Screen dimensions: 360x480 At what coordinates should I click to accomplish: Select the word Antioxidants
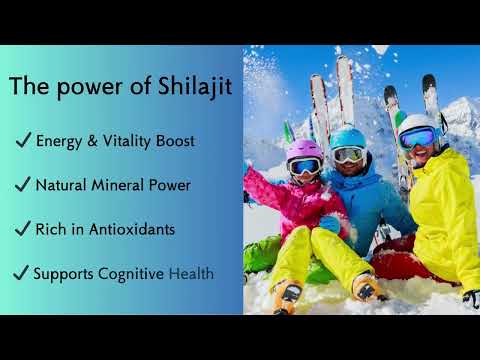tap(133, 229)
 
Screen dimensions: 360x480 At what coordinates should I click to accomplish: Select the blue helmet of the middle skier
tap(348, 138)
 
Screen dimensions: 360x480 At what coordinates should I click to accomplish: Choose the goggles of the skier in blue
tap(348, 154)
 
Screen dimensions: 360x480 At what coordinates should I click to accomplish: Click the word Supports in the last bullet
tap(64, 273)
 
